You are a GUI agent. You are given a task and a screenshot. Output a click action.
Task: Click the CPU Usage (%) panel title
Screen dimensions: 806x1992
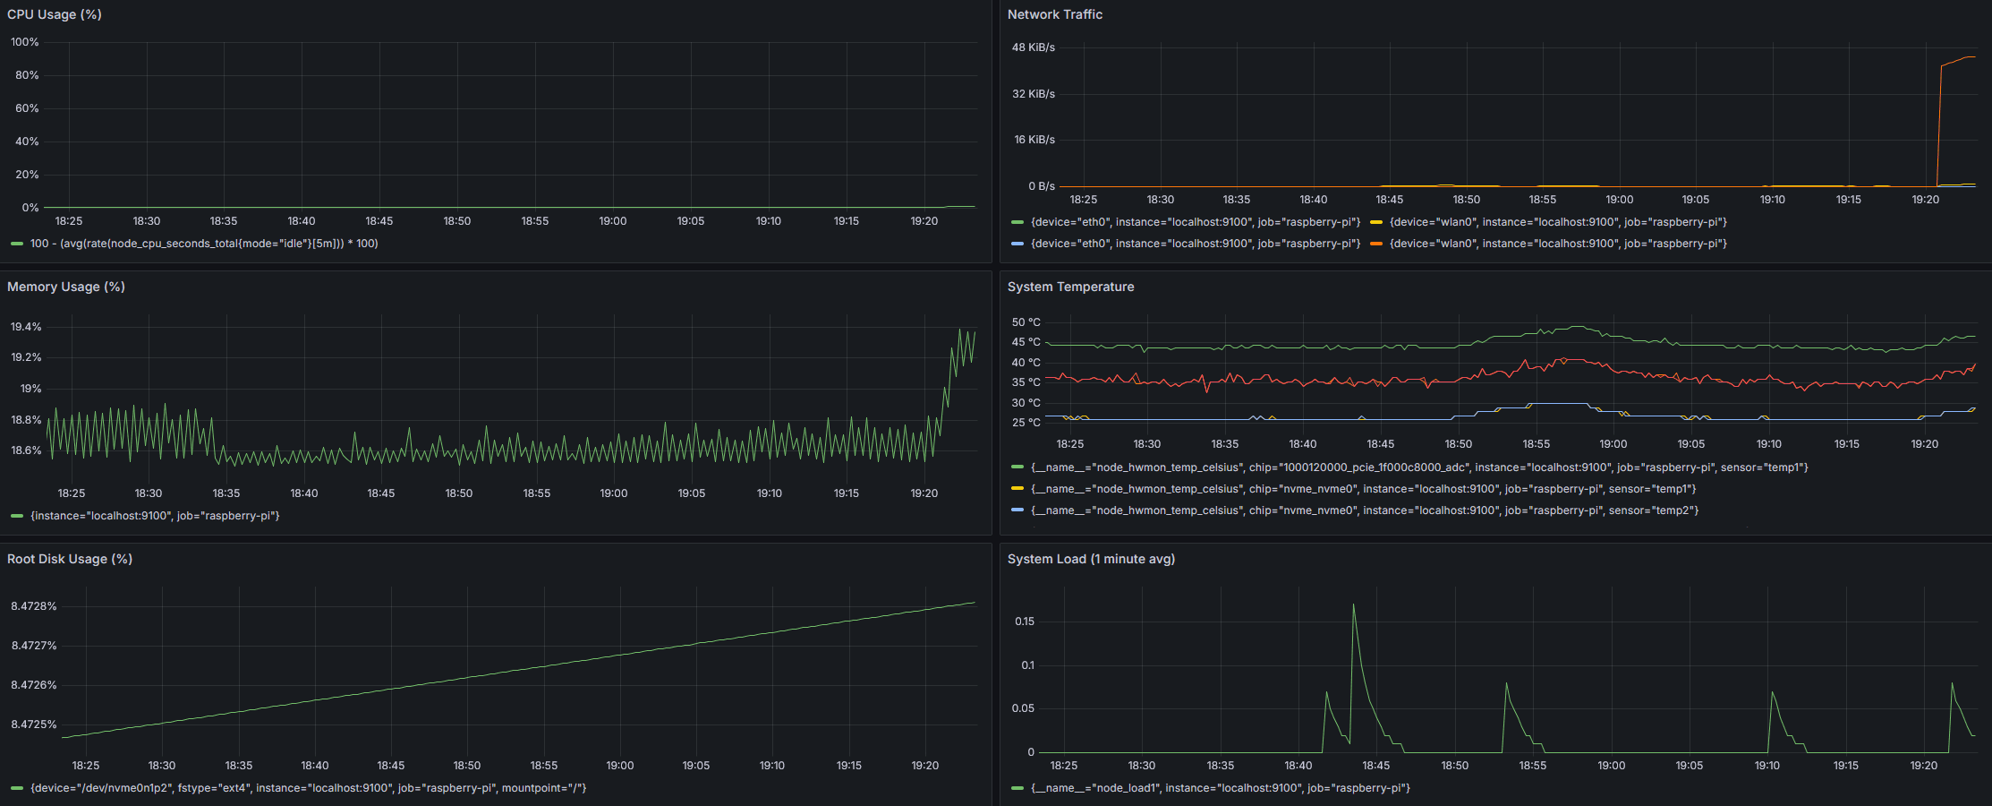coord(55,14)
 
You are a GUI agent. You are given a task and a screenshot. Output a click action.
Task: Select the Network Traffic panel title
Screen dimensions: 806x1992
coord(1054,14)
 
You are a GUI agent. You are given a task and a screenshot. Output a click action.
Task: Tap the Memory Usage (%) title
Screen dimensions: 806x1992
coord(66,287)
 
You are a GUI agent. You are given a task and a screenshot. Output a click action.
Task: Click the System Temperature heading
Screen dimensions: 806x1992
coord(1070,287)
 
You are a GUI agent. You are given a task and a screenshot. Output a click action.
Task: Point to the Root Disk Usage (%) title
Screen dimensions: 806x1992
coord(70,559)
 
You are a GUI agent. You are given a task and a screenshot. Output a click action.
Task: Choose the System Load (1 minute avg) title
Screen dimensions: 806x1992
coord(1091,559)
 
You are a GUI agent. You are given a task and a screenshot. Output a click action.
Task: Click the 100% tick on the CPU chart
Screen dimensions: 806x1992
coord(25,42)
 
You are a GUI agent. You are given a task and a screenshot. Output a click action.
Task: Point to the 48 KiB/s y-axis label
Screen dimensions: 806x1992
coord(1034,47)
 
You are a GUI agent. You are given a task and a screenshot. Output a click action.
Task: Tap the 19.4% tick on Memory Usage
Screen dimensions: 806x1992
coord(26,327)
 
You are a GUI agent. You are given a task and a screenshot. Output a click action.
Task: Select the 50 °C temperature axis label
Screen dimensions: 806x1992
coord(1026,322)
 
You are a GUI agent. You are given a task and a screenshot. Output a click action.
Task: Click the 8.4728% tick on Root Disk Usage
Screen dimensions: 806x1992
coord(34,606)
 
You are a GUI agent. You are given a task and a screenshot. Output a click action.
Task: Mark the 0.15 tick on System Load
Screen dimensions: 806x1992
coord(1025,622)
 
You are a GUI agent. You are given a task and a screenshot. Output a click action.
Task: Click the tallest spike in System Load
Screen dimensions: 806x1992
coord(1353,605)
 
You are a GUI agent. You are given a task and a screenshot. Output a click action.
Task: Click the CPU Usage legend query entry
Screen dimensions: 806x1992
coord(204,244)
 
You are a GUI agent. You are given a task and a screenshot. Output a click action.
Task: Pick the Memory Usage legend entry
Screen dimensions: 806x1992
coord(155,516)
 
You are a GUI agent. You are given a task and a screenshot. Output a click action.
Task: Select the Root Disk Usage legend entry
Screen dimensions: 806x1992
coord(308,788)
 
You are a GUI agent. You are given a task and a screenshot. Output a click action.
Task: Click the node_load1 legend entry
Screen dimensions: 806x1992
coord(1220,788)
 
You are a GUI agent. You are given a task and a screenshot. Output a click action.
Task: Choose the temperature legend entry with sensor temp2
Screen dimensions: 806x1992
coord(1364,510)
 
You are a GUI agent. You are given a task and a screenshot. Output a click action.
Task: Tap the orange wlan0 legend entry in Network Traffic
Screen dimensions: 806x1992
coord(1557,244)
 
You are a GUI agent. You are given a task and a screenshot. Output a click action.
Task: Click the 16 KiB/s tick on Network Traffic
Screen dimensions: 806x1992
coord(1034,140)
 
